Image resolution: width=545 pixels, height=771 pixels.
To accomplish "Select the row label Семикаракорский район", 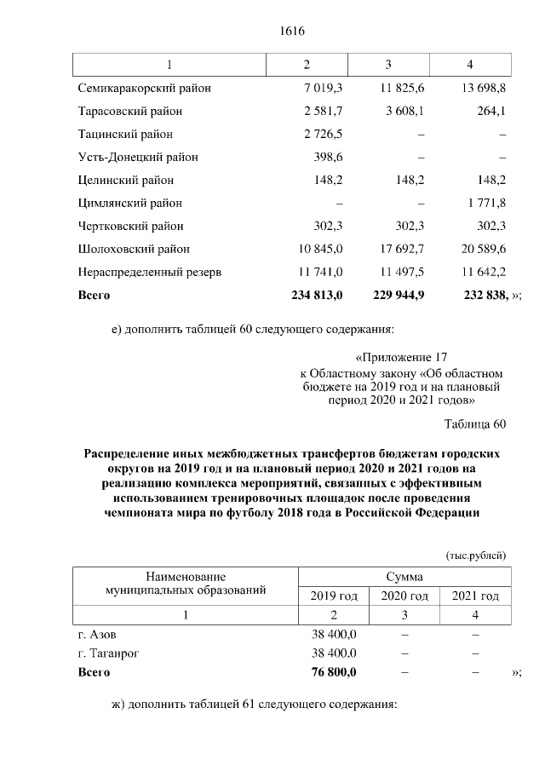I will coord(145,88).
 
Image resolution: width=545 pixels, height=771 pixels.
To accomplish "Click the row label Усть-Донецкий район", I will coord(137,157).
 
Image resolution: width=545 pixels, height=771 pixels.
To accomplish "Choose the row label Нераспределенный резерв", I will coord(150,272).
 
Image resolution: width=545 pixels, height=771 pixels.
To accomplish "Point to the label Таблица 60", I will coord(475,424).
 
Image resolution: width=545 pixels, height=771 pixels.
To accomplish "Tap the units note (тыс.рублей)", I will coord(476,555).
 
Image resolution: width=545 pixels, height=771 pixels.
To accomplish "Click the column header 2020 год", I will coord(404,596).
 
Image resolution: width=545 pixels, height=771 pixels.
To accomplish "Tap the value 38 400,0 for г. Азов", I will coord(335,635).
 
